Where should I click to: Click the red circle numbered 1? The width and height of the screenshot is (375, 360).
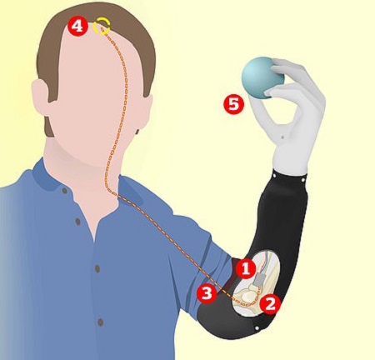pos(246,269)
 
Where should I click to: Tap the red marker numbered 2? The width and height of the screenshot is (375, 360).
pos(270,304)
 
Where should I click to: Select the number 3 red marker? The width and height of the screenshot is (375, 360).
pos(207,293)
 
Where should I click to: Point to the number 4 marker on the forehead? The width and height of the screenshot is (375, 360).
pos(77,27)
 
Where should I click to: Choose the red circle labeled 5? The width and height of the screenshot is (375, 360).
pos(233,104)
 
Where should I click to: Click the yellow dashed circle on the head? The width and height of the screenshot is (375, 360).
pos(102,27)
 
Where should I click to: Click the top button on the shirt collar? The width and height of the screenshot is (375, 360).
pos(65,191)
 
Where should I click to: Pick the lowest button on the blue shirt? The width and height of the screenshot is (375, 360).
pos(101,322)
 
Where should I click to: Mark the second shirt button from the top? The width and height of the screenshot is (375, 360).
pos(77,222)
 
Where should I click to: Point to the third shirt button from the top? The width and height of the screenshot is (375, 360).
pos(97,268)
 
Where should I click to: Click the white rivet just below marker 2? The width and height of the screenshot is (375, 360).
pos(257,328)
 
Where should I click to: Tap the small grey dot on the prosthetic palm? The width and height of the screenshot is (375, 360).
pos(282,137)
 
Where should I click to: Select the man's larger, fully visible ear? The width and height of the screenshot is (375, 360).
pos(42,96)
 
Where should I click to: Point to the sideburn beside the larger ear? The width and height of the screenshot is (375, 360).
pos(49,125)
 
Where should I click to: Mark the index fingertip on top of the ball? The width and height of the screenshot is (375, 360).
pos(277,63)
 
